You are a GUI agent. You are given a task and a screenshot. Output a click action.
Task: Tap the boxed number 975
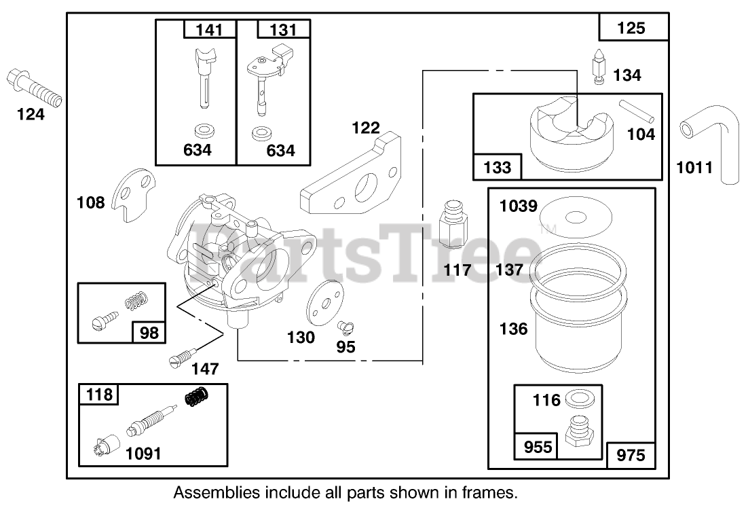pos(631,454)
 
